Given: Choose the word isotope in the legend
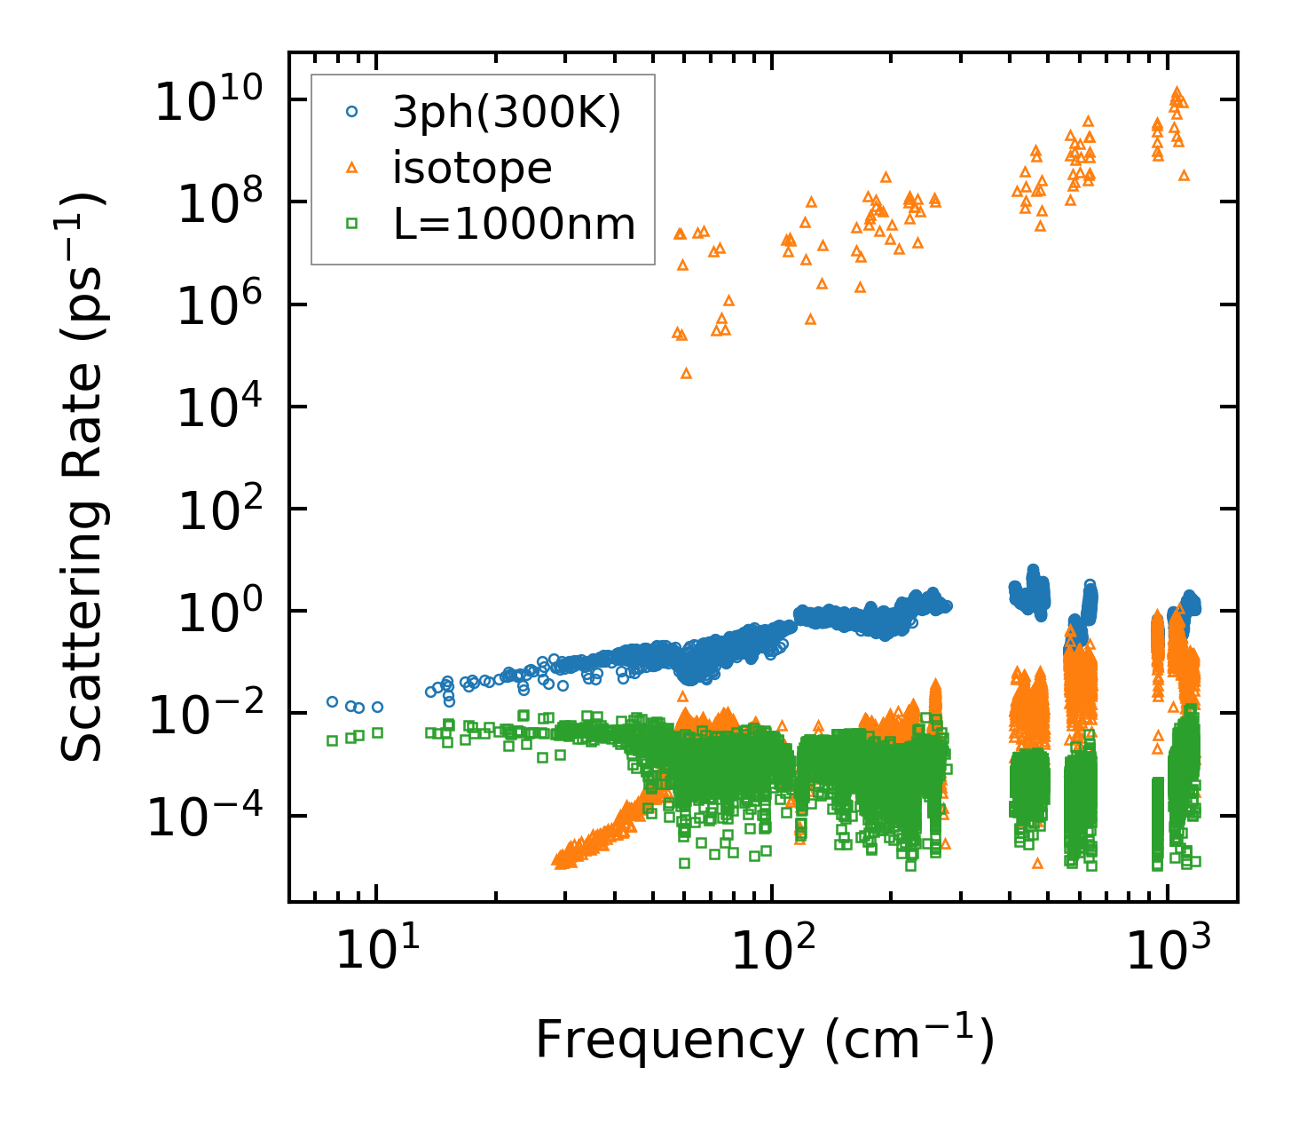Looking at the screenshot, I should pyautogui.click(x=473, y=168).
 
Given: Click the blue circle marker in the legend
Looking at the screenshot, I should pyautogui.click(x=352, y=112).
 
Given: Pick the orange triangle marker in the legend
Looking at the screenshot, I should pyautogui.click(x=352, y=167).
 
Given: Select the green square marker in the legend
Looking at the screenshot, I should pyautogui.click(x=352, y=224).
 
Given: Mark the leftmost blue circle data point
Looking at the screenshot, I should pyautogui.click(x=333, y=701).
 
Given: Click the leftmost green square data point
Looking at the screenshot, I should pyautogui.click(x=332, y=740).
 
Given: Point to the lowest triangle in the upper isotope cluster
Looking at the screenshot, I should pyautogui.click(x=686, y=374).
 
